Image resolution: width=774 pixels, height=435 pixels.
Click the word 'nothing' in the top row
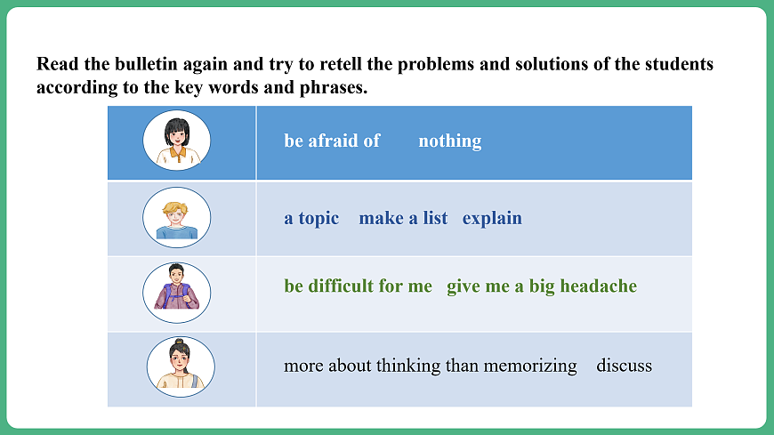click(x=449, y=141)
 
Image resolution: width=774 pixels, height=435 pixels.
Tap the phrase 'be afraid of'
click(x=332, y=141)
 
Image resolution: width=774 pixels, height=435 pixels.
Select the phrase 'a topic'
click(x=311, y=218)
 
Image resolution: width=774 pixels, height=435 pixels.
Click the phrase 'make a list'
click(x=403, y=218)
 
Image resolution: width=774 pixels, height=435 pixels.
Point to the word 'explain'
click(x=492, y=218)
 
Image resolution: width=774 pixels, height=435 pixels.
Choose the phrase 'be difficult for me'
click(x=358, y=286)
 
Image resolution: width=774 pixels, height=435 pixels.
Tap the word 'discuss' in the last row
click(x=624, y=366)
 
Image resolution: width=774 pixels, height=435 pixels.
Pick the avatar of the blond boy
click(x=176, y=218)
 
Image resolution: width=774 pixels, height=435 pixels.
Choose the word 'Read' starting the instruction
click(x=55, y=65)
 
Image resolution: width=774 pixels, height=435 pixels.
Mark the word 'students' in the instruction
click(x=681, y=65)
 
